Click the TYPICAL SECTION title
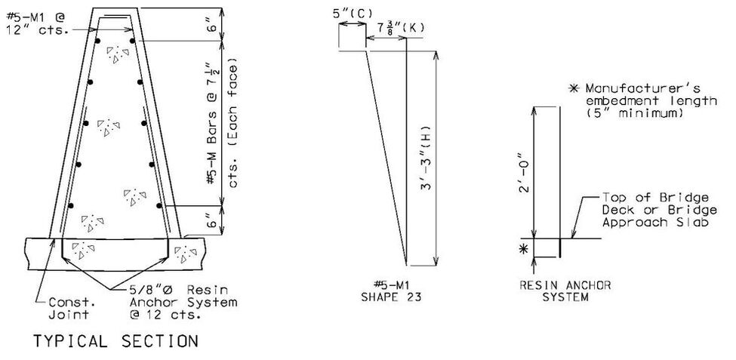115,341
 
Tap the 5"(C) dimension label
353,14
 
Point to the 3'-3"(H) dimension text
425,157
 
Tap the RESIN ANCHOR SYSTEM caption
565,291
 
